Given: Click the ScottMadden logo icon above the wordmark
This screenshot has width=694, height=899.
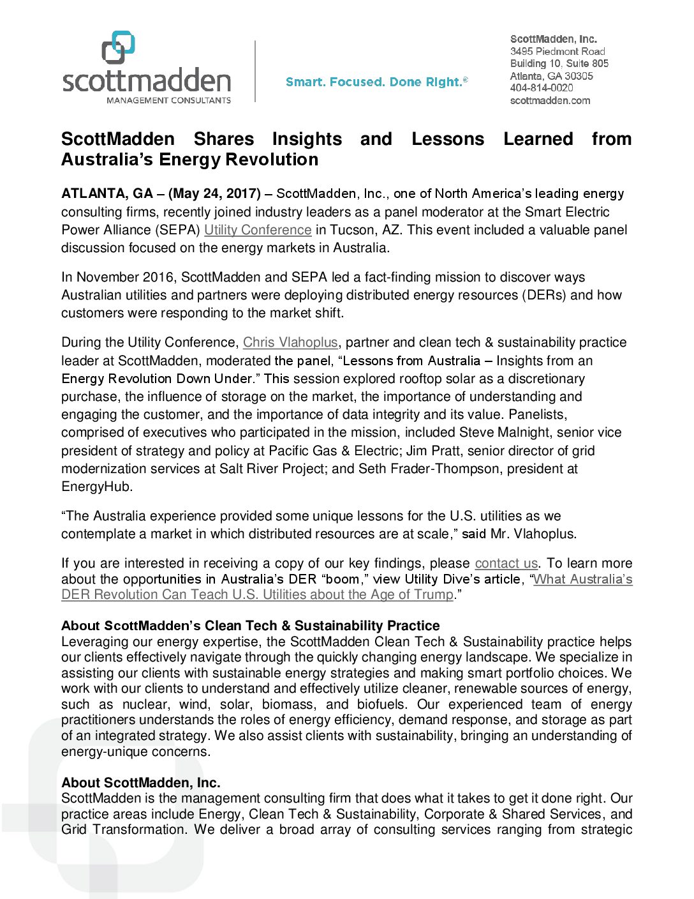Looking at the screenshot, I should (x=119, y=47).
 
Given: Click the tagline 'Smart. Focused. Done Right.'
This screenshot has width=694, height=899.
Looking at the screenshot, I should (x=376, y=82).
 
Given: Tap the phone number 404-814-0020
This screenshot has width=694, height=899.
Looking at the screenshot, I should (x=542, y=88).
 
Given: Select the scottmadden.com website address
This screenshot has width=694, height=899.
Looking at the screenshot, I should (x=550, y=100).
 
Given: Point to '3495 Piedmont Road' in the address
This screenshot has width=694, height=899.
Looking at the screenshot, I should (x=557, y=51).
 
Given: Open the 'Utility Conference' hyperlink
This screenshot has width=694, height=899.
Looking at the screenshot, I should (x=258, y=230).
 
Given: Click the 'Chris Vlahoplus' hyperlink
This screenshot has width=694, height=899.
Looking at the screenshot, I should (x=290, y=342).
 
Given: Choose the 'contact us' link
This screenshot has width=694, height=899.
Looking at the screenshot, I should (x=506, y=563).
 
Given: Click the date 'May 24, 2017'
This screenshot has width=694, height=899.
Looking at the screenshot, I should (x=214, y=193).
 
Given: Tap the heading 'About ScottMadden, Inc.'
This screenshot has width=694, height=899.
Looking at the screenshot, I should (x=141, y=783).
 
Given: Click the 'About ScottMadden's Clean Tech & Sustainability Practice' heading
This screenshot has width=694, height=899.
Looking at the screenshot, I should (x=251, y=626).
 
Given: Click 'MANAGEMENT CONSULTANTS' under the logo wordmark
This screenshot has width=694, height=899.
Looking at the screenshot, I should (x=168, y=100).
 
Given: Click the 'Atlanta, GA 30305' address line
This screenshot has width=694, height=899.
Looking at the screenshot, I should (x=551, y=76).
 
